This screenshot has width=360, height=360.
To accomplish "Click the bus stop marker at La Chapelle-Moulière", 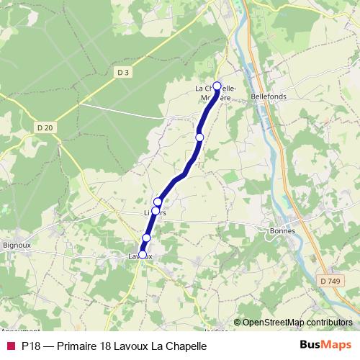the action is pos(217,86).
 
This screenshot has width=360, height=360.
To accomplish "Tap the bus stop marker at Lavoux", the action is pos(142,254).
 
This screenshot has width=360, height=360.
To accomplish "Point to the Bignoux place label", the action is pos(17,245).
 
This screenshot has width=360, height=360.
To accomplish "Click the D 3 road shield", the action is pos(123,71).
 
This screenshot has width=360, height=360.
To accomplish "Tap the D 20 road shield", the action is pos(45,127).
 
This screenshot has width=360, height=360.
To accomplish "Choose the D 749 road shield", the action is pos(330,281).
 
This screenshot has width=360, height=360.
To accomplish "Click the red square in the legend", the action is pos(10,346).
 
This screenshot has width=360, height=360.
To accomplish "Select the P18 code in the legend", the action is pos(31,346).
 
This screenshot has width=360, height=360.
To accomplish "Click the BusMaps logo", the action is pos(325,345).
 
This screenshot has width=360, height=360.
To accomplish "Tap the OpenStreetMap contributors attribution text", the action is pos(297,322).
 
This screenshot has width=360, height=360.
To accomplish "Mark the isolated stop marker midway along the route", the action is pos(199,137).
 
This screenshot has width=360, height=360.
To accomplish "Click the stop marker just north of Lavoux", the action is pos(146,238).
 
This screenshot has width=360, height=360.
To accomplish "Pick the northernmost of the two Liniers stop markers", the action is pos(158,202).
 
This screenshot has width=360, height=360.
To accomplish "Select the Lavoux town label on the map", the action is pos(140,256).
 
